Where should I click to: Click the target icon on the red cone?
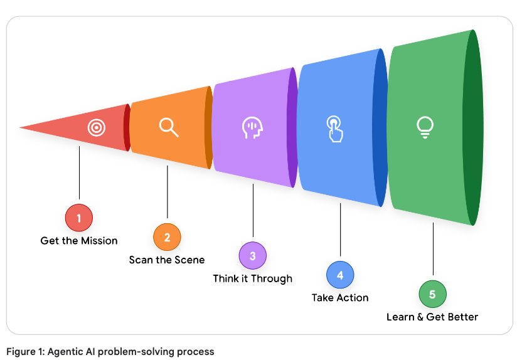pyautogui.click(x=96, y=128)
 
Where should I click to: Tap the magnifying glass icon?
pyautogui.click(x=169, y=127)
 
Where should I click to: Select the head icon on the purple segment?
pyautogui.click(x=252, y=127)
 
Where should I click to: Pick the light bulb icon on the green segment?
pyautogui.click(x=425, y=127)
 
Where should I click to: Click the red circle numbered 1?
pyautogui.click(x=79, y=218)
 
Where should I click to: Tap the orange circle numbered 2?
pyautogui.click(x=167, y=237)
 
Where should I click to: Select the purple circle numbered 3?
pyautogui.click(x=252, y=256)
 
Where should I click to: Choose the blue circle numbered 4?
pyautogui.click(x=340, y=275)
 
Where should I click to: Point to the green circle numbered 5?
pyautogui.click(x=432, y=294)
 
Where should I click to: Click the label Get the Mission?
pyautogui.click(x=79, y=240)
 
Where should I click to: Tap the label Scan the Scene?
pyautogui.click(x=167, y=260)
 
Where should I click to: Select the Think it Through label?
pyautogui.click(x=252, y=278)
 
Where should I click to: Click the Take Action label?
pyautogui.click(x=340, y=297)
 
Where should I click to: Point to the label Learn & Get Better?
pyautogui.click(x=432, y=317)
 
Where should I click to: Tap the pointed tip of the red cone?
pyautogui.click(x=22, y=128)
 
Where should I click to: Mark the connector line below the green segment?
pyautogui.click(x=432, y=251)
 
